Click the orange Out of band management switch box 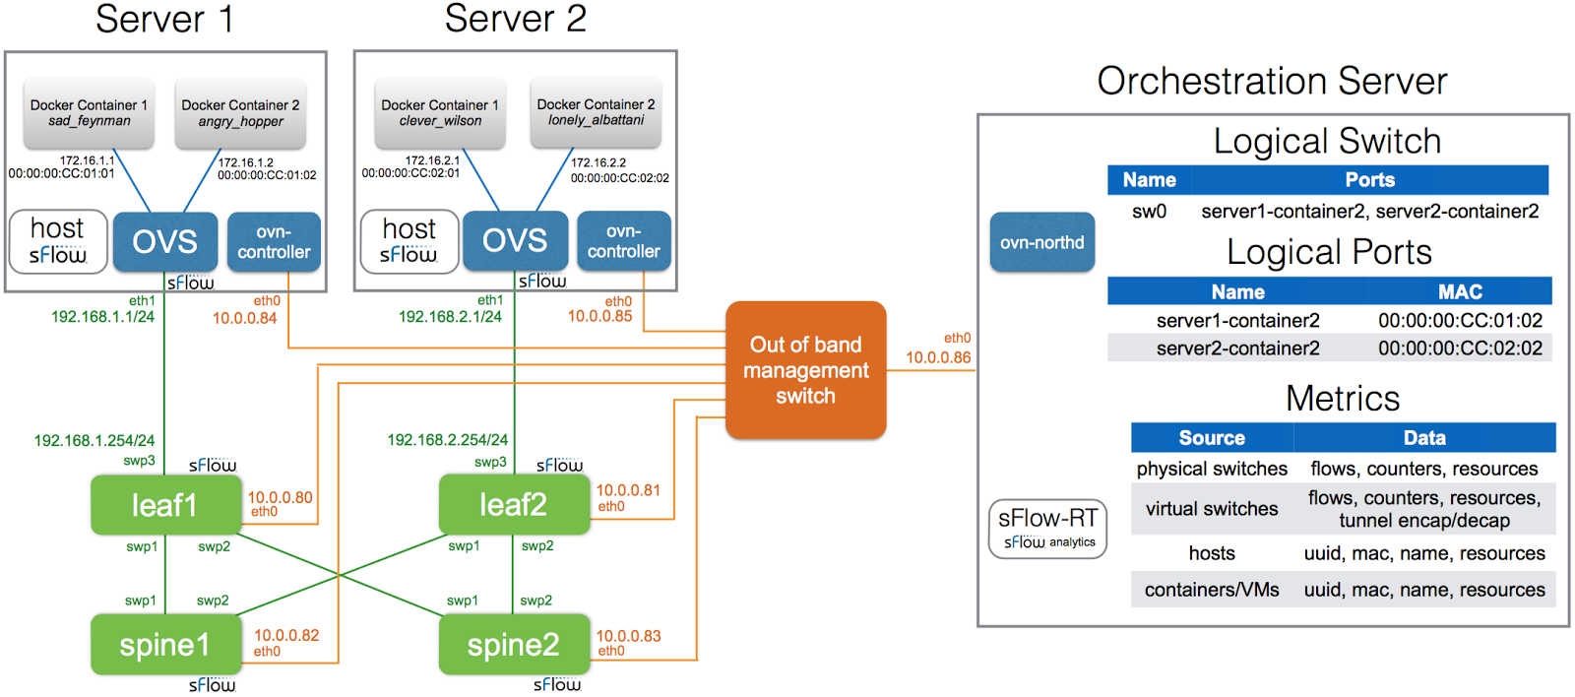[805, 370]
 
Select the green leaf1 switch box [165, 505]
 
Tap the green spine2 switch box [513, 645]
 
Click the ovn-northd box [1041, 242]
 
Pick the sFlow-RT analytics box [1047, 529]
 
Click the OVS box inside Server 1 [164, 241]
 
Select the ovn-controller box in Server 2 [623, 241]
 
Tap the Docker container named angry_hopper [240, 113]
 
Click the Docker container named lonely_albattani [596, 112]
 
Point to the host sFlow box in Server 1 [58, 241]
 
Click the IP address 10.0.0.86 [938, 357]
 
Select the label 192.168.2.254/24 [447, 440]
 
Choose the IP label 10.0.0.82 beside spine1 [286, 636]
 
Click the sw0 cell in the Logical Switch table [1149, 211]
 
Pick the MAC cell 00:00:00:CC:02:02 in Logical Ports [1460, 348]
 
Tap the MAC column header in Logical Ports [1460, 291]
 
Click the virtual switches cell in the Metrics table [1212, 509]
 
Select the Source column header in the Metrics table [1212, 438]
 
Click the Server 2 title [515, 19]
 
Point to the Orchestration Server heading [1272, 81]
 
